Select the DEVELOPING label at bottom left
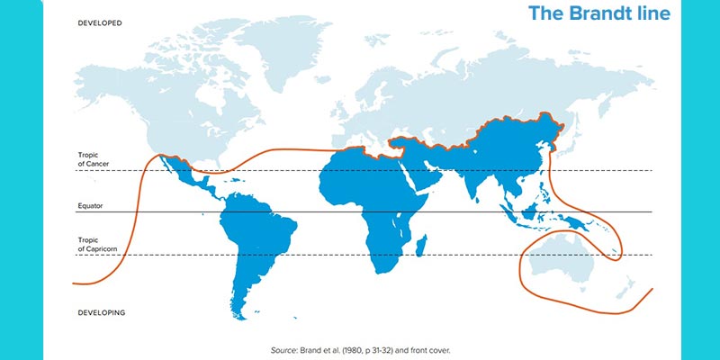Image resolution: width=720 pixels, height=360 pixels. coord(101,312)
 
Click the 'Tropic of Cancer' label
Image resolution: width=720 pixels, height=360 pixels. coord(95,159)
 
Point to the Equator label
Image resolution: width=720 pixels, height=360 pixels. coord(91,206)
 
